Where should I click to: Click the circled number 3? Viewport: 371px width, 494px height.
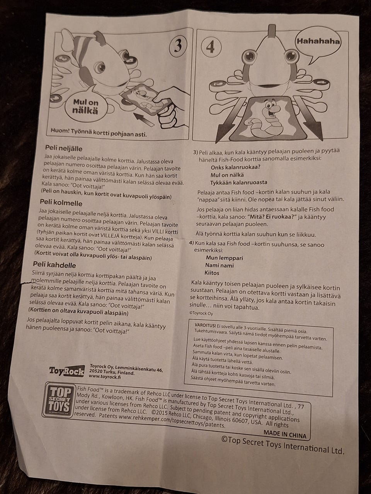coord(178,46)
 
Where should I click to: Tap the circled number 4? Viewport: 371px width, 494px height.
coord(211,47)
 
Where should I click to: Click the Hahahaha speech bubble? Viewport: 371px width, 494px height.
coord(318,43)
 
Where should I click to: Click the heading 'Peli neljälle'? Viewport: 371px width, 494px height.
coord(64,148)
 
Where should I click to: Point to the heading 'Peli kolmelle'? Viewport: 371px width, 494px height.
coord(61,203)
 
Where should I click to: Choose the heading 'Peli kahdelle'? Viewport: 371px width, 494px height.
coord(54,264)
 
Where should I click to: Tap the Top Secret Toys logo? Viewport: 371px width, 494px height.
coord(59,401)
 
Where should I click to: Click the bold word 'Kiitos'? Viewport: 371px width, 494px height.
coord(212,273)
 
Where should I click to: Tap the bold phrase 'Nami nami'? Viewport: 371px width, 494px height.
coord(220,266)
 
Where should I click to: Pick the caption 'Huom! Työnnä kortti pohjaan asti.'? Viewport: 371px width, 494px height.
coord(99,132)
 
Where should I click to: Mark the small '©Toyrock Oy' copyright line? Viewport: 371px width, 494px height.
coord(201,313)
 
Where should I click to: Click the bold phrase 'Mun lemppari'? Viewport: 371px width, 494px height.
coord(225,258)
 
